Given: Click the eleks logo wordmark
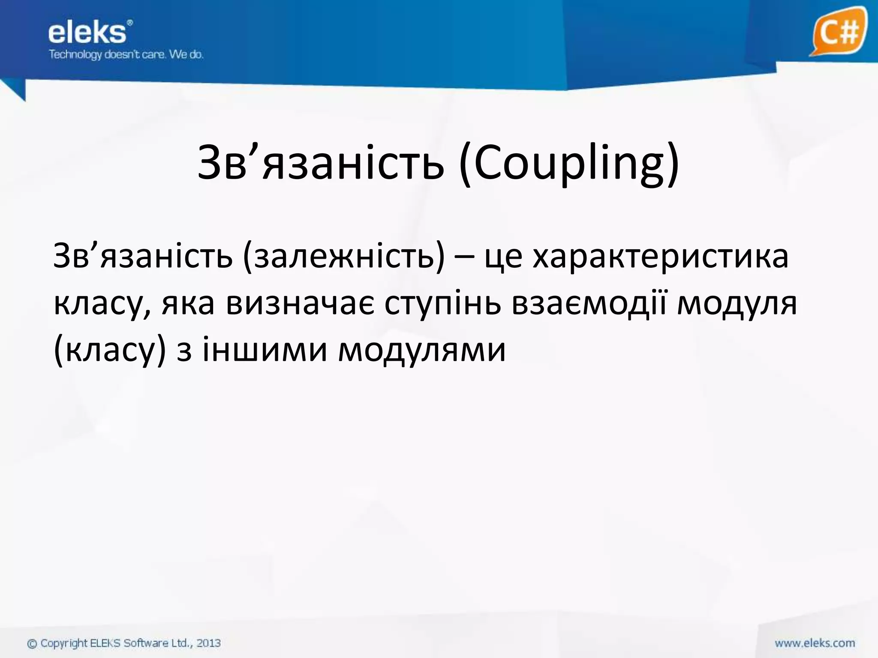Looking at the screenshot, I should (87, 33).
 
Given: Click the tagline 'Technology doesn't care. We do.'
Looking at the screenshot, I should (126, 55).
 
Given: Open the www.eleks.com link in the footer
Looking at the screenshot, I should (815, 643).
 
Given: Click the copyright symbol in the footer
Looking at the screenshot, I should (32, 643).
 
